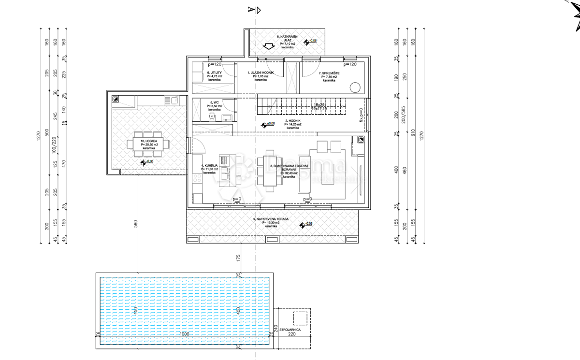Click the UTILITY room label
pos(213,72)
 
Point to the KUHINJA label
pos(209,165)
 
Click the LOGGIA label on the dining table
pos(149,141)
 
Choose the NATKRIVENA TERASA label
pos(271,219)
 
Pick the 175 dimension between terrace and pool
pos(238,257)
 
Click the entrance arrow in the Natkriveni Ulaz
pos(266,47)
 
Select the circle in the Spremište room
pos(355,88)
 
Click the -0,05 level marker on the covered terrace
pos(306,224)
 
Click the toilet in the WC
pos(211,116)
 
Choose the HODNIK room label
pos(293,121)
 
